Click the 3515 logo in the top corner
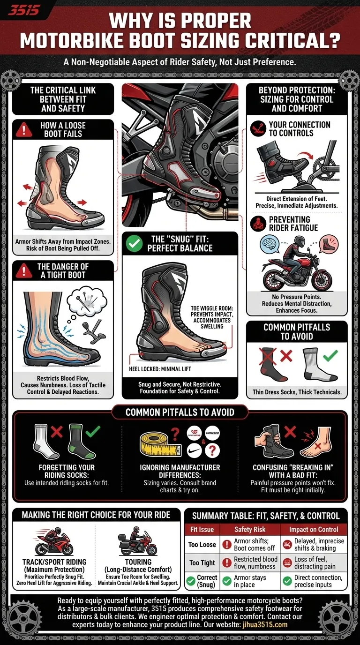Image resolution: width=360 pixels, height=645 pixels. coord(24,9)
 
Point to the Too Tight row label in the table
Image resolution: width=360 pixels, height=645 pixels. coord(202,562)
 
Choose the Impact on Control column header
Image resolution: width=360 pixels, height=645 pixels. coord(314,529)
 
